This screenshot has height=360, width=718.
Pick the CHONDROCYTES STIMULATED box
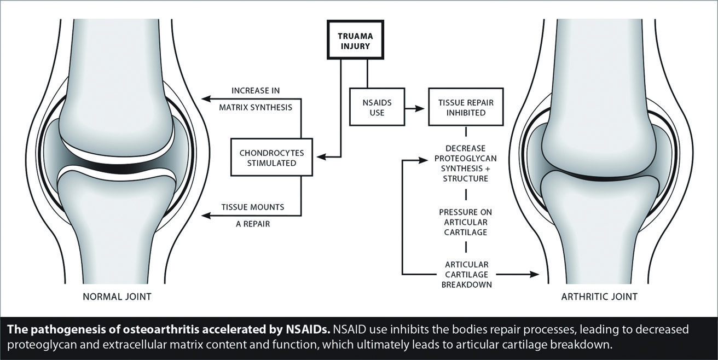272,157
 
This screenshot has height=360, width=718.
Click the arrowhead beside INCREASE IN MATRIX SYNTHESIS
206,98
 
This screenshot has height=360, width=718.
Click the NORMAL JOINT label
117,297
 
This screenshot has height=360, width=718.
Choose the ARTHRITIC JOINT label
599,297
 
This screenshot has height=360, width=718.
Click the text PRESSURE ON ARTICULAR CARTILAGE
466,222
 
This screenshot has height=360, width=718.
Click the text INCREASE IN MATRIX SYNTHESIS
256,98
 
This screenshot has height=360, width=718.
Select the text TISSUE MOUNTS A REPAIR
252,215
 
